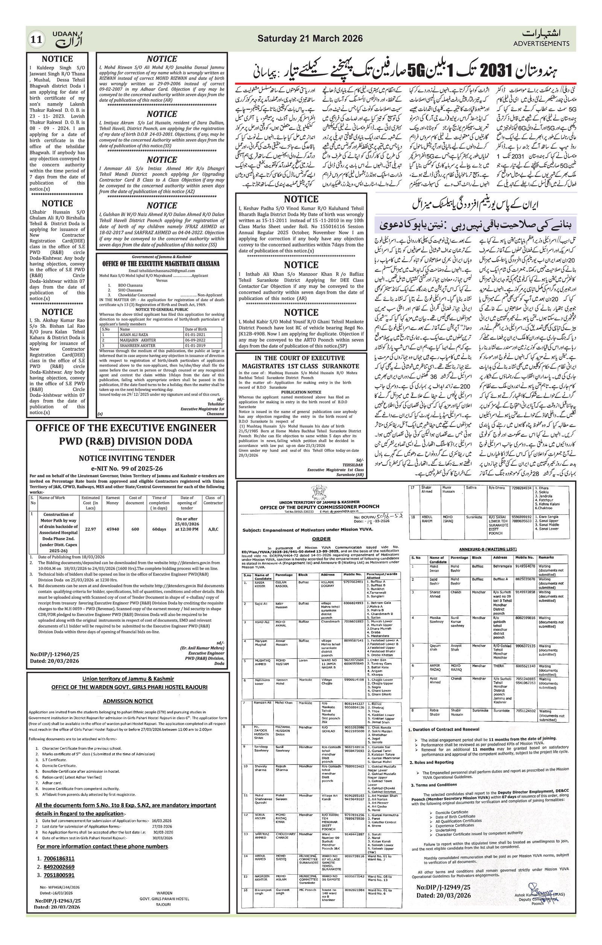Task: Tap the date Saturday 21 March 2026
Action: coord(310,38)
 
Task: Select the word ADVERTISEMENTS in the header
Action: coord(541,44)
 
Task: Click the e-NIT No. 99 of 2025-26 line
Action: coord(127,468)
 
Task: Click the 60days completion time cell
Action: coord(159,529)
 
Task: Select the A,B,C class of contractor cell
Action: coord(213,529)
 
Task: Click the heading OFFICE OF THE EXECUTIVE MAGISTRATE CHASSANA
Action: coord(161,264)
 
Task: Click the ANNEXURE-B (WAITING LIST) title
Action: coord(488,549)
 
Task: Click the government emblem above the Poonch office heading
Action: coord(319,492)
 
